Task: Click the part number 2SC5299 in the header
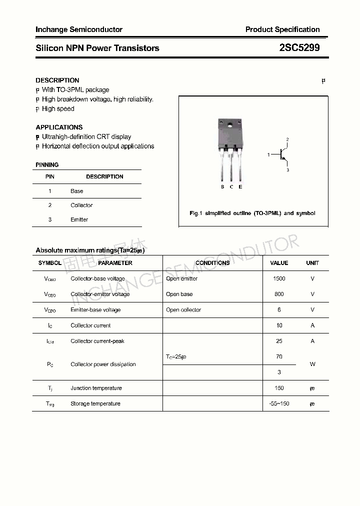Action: (x=299, y=48)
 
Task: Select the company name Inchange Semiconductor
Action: (x=79, y=29)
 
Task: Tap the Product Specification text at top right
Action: (x=282, y=29)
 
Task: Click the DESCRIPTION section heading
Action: (x=57, y=80)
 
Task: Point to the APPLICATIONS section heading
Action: (x=59, y=127)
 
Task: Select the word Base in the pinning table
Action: (x=77, y=191)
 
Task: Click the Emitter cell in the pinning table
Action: (x=79, y=219)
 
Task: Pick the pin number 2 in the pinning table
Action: (x=50, y=205)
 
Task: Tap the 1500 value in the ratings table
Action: (x=279, y=278)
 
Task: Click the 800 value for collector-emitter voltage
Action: (x=279, y=294)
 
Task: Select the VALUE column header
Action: (x=279, y=263)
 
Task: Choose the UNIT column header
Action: (x=312, y=263)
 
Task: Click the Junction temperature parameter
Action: (x=96, y=388)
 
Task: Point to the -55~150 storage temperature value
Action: (x=279, y=403)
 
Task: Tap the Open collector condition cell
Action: (x=183, y=309)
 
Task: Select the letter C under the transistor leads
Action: (x=231, y=187)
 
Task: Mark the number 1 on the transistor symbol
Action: (x=268, y=155)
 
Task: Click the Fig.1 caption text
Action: (x=252, y=213)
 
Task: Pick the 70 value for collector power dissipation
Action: (x=279, y=356)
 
